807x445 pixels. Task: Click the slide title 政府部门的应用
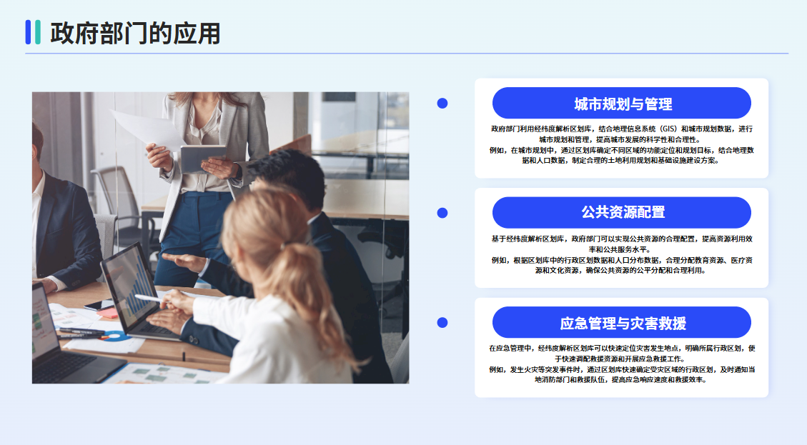pyautogui.click(x=135, y=34)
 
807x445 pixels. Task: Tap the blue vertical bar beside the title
pyautogui.click(x=29, y=32)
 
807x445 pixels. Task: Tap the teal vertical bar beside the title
pyautogui.click(x=38, y=32)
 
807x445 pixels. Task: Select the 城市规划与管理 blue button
pyautogui.click(x=621, y=104)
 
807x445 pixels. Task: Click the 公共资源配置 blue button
pyautogui.click(x=621, y=212)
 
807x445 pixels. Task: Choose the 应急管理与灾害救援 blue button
pyautogui.click(x=621, y=323)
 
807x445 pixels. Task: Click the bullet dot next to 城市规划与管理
pyautogui.click(x=442, y=104)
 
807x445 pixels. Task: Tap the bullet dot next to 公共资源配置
pyautogui.click(x=442, y=213)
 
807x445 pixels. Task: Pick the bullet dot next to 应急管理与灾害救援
pyautogui.click(x=442, y=323)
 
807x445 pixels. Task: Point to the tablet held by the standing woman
pyautogui.click(x=202, y=158)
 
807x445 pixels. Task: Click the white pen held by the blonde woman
pyautogui.click(x=149, y=298)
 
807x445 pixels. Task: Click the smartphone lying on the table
pyautogui.click(x=99, y=305)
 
